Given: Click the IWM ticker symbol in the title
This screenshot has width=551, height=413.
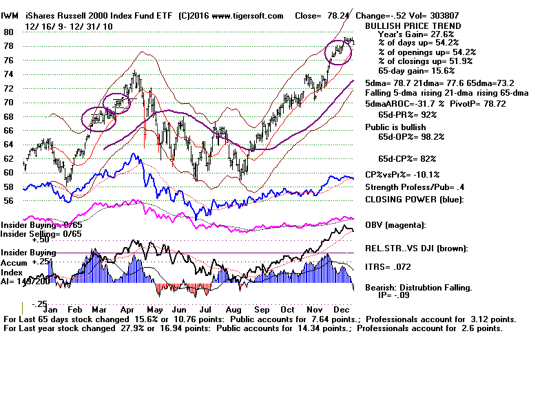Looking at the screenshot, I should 10,15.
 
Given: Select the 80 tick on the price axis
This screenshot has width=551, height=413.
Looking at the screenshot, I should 8,32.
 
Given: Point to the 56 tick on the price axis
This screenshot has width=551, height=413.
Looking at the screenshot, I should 8,201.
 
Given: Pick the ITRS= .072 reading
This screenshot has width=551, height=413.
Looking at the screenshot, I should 391,265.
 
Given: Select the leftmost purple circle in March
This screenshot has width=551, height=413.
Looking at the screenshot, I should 98,118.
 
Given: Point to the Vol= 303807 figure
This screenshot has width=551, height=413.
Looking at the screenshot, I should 431,15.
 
